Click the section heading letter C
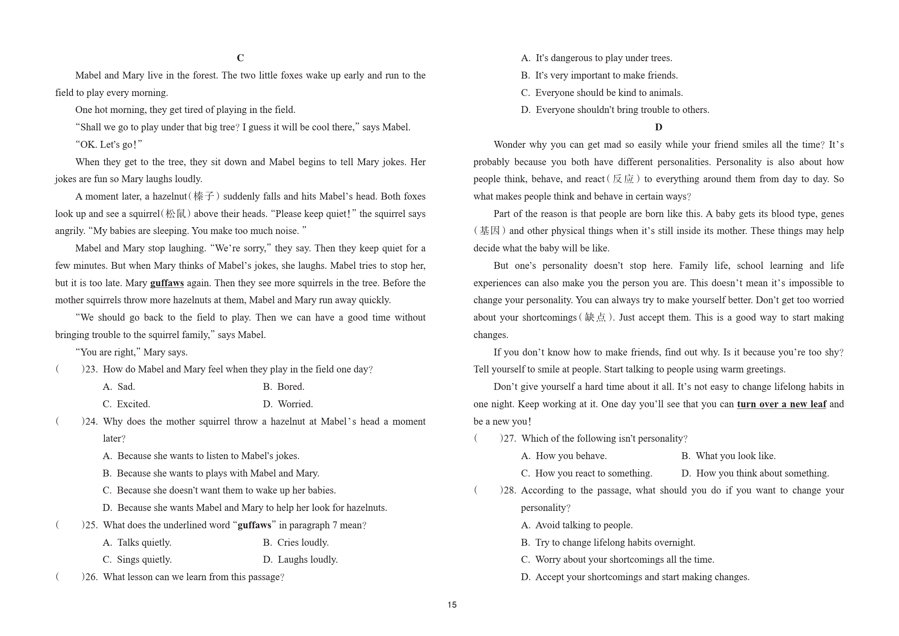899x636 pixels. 240,58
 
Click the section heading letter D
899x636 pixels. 658,127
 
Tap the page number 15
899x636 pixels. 452,604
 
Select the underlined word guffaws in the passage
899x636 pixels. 167,283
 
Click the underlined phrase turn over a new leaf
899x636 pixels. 781,404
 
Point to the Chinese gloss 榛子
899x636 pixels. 204,196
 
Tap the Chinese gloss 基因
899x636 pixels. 490,231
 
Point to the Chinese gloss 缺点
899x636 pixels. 595,317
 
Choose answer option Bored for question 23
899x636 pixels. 290,387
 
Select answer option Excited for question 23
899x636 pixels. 133,404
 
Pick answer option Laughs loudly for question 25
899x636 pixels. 307,559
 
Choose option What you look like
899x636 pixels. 735,456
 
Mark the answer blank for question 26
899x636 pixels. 69,577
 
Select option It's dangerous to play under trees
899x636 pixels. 603,58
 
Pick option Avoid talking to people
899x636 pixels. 584,525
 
